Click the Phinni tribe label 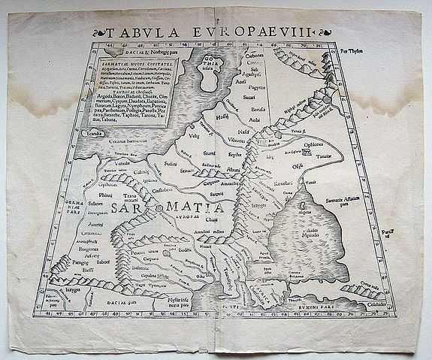106,196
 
